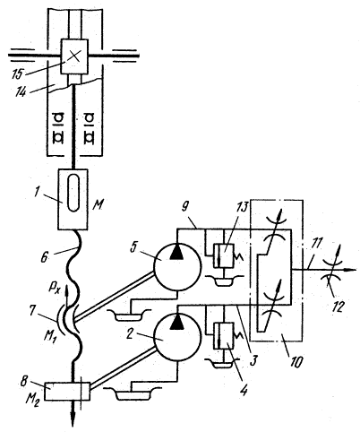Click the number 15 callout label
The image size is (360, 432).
(18, 74)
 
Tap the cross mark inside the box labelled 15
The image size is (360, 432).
(73, 56)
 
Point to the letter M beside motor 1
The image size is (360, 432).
(98, 205)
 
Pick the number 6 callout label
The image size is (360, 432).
(44, 257)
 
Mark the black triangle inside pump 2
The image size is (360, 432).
(176, 323)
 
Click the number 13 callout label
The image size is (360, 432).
(242, 208)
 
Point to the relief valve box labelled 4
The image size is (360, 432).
(224, 335)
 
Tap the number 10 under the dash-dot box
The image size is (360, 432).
(295, 361)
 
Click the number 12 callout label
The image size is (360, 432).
(338, 307)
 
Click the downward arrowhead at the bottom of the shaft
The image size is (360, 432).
(73, 420)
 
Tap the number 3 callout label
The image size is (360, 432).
(253, 360)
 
